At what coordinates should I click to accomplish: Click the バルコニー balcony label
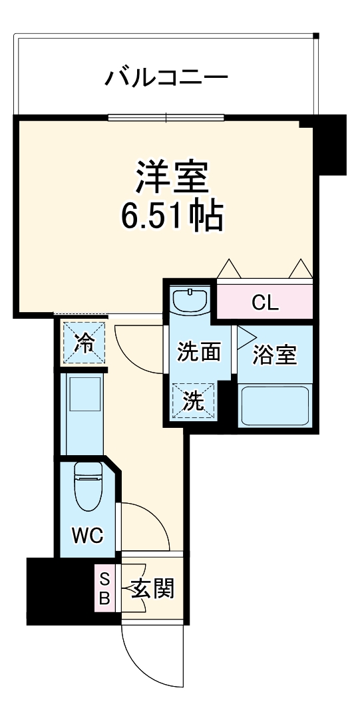pos(166,79)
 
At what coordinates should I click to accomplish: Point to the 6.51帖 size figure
pos(172,214)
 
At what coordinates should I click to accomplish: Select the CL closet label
pos(266,303)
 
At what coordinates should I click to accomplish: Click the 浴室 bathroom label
pos(275,355)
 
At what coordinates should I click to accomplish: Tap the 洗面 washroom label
pos(198,352)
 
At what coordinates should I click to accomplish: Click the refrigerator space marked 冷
pos(84,343)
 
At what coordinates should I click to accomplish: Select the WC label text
pos(87,534)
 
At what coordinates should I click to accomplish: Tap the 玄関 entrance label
pos(152,588)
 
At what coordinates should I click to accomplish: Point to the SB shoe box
pos(104,588)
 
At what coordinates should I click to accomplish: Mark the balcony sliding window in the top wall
pos(166,118)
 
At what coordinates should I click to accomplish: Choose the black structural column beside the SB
pos(59,589)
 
